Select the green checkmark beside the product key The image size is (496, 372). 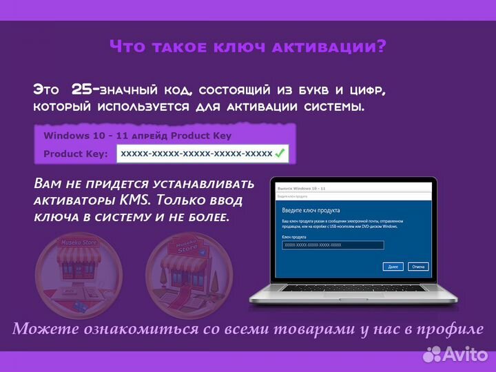pyautogui.click(x=280, y=153)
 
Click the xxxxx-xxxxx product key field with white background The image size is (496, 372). pyautogui.click(x=196, y=153)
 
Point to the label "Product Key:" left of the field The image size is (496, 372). pyautogui.click(x=75, y=154)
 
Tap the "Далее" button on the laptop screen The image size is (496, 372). pyautogui.click(x=393, y=266)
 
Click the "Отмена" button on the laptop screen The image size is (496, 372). pyautogui.click(x=417, y=266)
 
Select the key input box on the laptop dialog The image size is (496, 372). pyautogui.click(x=333, y=245)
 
